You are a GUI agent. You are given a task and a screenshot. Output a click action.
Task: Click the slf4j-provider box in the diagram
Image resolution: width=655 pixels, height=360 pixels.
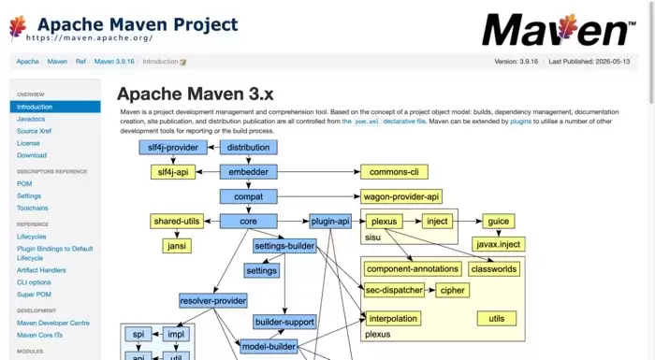[173, 148]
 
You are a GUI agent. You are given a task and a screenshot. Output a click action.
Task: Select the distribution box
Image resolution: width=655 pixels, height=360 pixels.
[249, 148]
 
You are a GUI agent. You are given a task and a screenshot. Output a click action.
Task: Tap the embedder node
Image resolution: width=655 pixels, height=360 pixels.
[249, 172]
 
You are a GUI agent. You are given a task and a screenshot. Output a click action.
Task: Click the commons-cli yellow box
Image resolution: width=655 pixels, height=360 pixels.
[394, 172]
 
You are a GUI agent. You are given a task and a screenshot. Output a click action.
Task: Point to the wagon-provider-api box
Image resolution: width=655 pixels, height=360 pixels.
[401, 196]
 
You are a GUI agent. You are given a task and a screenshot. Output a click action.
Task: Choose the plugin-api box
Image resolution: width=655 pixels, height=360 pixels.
[330, 222]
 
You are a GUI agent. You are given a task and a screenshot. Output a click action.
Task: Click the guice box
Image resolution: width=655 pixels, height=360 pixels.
[499, 222]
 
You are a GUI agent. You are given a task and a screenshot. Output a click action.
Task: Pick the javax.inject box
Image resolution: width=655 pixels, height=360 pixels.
[499, 244]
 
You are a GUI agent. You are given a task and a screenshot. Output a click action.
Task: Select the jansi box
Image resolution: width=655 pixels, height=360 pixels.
[177, 246]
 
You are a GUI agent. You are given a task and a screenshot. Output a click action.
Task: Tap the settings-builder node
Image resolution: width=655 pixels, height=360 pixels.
[284, 246]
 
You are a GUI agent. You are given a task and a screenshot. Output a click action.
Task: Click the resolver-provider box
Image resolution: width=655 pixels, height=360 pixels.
[213, 301]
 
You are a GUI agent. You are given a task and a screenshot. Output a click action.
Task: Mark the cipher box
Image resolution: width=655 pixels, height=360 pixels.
[452, 290]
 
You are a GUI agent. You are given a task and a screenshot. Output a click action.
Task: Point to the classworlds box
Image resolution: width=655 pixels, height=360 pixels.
[494, 269]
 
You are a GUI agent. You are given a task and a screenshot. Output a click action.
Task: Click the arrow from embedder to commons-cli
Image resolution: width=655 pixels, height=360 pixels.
[319, 172]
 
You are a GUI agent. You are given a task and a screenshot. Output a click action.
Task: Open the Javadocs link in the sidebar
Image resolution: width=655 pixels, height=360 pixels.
[31, 119]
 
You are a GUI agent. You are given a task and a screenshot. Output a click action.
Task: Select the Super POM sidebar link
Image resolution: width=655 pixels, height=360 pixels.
[34, 295]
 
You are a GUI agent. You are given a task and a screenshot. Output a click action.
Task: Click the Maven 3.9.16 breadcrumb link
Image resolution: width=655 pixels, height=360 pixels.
[114, 62]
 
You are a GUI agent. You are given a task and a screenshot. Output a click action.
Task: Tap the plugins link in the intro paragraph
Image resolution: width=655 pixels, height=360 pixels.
[520, 122]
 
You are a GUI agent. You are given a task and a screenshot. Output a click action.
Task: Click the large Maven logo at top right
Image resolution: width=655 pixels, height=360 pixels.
[559, 29]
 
